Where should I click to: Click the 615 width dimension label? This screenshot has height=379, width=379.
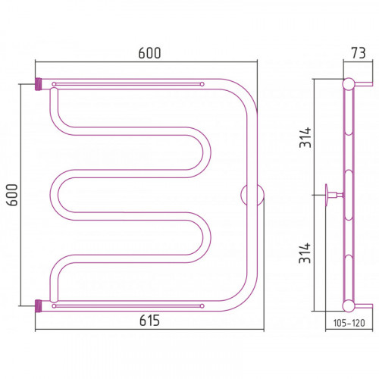coord(149,321)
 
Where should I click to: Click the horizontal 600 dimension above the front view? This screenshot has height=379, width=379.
coord(149,53)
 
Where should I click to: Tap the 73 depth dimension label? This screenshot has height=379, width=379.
coord(359,53)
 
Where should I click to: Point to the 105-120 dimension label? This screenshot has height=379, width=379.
coord(349,323)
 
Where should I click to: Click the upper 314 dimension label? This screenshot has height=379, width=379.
coord(305,137)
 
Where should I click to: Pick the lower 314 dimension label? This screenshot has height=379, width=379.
coord(305,253)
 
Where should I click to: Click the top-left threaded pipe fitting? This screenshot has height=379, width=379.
coord(38,84)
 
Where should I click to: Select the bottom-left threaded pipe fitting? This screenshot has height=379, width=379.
coord(38,305)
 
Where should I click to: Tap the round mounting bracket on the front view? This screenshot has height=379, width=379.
coord(252,195)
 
